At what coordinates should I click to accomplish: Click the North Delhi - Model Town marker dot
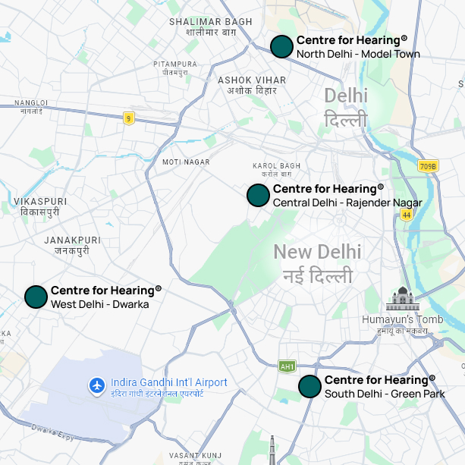pos(281,46)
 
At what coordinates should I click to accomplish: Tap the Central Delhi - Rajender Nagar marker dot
pos(258,195)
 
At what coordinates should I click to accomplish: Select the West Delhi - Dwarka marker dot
pos(36,297)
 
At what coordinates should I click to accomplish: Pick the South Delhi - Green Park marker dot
pos(309,386)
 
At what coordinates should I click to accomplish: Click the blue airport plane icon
pos(96,386)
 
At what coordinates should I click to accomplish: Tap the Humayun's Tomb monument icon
pos(402,299)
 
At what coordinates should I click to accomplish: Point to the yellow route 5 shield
pos(129,118)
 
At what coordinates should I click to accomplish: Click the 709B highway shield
pos(428,166)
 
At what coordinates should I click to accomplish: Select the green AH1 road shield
pos(287,366)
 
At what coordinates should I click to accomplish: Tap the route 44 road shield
pos(407,215)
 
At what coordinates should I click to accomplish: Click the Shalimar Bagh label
pos(210,27)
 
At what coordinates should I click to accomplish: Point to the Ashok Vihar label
pos(251,85)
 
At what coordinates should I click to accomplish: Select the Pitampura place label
pos(174,68)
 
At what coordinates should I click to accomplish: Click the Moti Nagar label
pos(186,162)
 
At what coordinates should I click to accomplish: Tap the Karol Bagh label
pos(276,170)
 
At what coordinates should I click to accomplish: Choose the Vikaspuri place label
pos(40,206)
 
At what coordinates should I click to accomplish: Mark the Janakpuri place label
pos(67,244)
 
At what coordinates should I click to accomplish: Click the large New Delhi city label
pos(318,262)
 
